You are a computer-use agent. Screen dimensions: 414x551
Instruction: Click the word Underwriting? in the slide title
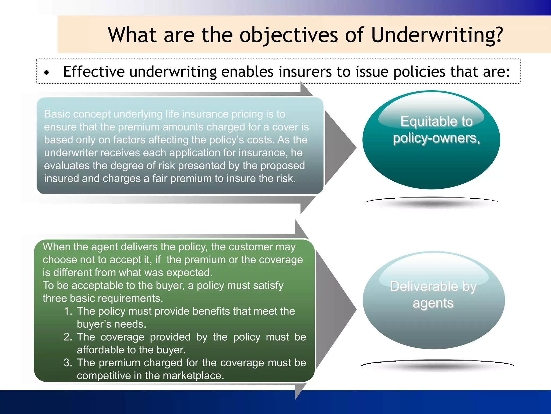437,35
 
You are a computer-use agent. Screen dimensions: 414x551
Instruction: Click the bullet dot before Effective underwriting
47,73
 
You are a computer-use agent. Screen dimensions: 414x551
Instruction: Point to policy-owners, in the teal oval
436,138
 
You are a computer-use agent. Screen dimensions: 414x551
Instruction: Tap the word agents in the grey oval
433,303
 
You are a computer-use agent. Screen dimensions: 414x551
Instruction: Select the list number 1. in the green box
68,311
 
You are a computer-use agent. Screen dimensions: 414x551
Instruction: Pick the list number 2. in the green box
68,337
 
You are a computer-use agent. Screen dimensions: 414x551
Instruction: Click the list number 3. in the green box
68,363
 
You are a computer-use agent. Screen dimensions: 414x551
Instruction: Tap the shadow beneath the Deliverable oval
437,366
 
